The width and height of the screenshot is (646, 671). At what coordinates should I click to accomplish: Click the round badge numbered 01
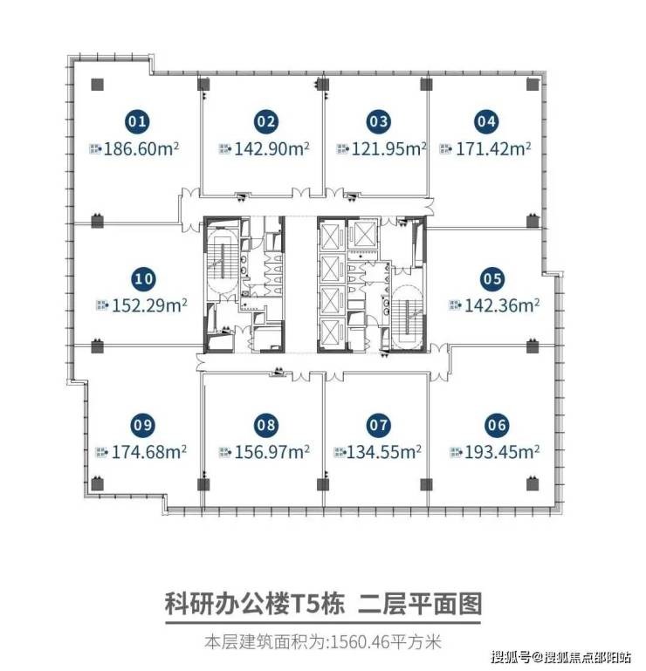(x=137, y=121)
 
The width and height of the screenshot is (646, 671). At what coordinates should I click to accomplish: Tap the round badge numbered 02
(x=266, y=121)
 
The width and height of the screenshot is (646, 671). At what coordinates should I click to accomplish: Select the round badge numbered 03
(x=379, y=121)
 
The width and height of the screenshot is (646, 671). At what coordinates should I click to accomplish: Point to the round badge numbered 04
(x=487, y=121)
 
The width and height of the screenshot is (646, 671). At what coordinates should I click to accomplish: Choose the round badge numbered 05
(x=492, y=279)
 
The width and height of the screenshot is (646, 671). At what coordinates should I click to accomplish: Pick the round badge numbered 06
(x=497, y=425)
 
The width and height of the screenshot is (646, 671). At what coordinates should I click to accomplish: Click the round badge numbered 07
(x=379, y=425)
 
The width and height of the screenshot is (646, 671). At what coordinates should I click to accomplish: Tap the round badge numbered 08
(x=266, y=425)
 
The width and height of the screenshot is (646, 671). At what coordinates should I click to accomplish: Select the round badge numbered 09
(x=142, y=425)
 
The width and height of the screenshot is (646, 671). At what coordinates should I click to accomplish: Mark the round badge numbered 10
(x=144, y=279)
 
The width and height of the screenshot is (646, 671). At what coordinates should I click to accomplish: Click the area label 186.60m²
(x=141, y=149)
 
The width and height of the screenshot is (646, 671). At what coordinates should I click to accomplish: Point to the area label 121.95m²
(x=388, y=149)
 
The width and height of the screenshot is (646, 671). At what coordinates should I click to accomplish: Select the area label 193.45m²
(x=502, y=452)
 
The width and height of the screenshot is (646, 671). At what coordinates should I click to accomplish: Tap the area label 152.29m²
(x=149, y=305)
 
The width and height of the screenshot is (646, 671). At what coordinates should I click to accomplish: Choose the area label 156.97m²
(x=272, y=452)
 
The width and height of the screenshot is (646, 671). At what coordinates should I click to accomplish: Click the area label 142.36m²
(x=502, y=305)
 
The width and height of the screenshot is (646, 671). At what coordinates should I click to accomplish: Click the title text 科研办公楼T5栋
(x=255, y=604)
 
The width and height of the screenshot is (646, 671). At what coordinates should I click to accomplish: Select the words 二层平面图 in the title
(x=420, y=604)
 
